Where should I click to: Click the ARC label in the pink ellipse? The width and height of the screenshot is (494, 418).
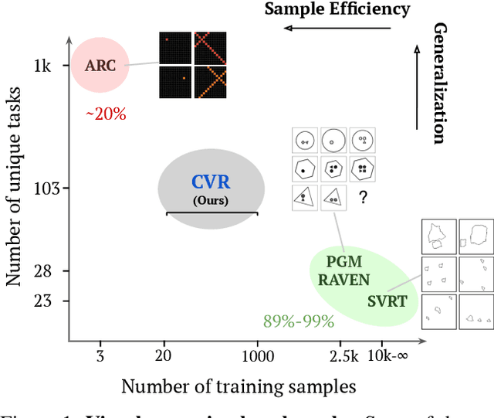coord(101,65)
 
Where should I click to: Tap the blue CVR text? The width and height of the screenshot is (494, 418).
coord(211,183)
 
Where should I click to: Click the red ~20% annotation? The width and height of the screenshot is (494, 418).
coord(105,114)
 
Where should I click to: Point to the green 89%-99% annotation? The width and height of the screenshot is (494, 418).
coord(299,321)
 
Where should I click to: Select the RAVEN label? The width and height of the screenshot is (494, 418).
coord(343,280)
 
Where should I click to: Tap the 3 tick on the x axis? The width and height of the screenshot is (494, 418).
coord(100,355)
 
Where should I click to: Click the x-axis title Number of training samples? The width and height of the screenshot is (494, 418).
coord(238,386)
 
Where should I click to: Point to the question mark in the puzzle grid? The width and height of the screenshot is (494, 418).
coord(362,198)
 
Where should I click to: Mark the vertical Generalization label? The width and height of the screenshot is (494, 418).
coord(439,83)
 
